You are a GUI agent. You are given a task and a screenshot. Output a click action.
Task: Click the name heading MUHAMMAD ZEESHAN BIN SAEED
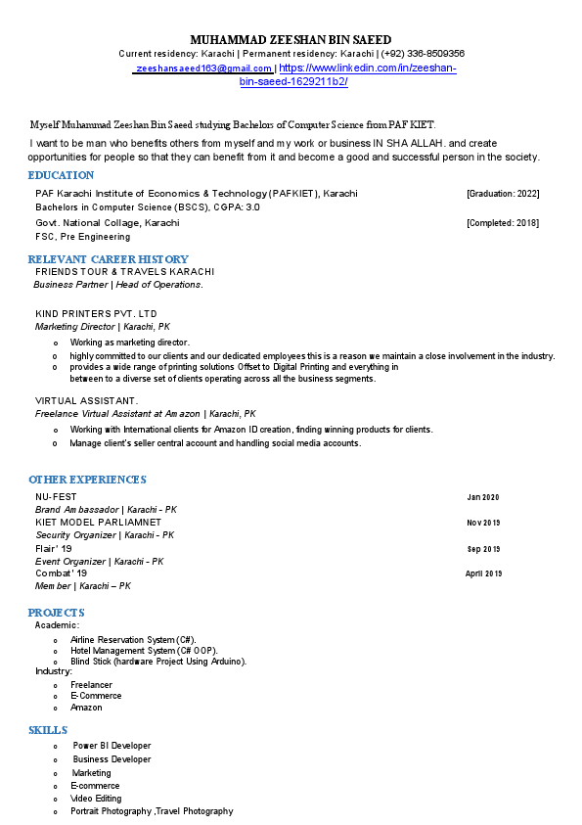291,37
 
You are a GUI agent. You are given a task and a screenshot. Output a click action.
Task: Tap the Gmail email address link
204,69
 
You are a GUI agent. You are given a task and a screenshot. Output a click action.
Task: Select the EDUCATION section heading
61,175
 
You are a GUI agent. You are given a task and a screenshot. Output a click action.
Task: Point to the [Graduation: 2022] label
503,194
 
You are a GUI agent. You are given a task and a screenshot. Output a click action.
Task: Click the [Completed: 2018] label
503,223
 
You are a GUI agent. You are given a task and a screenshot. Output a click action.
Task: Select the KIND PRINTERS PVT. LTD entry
96,313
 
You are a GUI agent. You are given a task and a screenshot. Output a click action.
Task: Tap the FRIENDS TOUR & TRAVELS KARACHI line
124,271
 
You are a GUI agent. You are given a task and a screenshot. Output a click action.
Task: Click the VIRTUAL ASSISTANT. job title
86,401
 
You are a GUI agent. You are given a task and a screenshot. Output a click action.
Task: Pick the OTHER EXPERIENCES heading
87,480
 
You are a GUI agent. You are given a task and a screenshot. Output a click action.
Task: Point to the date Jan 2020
483,497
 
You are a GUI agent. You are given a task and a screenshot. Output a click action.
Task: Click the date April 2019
483,573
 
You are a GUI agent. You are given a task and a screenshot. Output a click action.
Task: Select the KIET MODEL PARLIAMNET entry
98,523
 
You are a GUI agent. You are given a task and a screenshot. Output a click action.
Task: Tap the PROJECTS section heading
56,613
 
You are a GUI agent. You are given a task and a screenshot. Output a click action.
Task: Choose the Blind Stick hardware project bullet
157,662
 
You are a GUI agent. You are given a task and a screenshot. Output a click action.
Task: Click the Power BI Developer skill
112,746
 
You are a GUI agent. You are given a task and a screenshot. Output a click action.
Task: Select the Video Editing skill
96,799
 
